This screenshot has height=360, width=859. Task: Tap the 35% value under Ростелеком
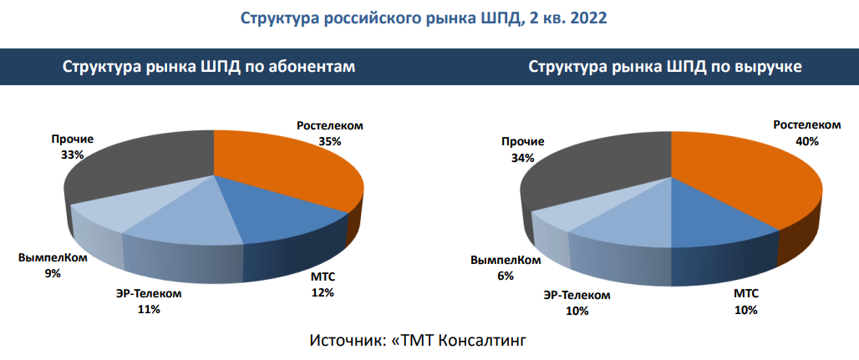coord(329,141)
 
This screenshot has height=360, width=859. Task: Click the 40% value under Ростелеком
coord(806,141)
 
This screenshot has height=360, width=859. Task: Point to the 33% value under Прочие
coord(72,155)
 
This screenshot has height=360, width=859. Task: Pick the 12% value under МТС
coord(323,292)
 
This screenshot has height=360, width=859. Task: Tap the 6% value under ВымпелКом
coord(505,276)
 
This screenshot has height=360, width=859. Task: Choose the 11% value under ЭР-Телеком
coord(150,309)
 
